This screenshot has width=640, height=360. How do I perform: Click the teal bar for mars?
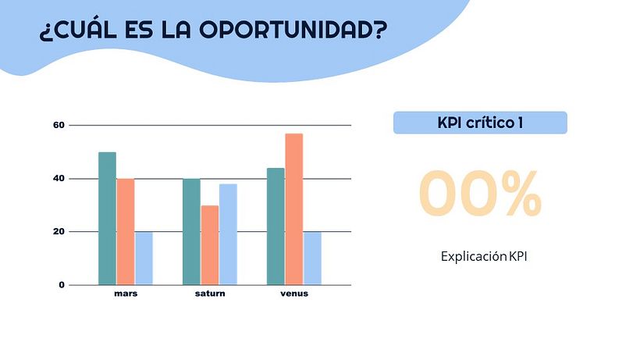107,219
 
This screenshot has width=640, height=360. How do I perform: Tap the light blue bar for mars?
144,258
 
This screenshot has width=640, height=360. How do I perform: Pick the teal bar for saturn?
191,232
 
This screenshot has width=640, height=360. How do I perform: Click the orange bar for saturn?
209,245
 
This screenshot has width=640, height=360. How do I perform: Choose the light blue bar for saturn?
228,234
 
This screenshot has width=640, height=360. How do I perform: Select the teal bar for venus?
276,226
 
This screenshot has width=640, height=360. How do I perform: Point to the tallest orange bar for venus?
293,209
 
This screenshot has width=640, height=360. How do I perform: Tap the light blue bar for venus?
312,258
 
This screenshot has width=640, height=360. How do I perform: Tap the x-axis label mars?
126,294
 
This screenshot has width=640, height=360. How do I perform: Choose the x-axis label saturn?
210,294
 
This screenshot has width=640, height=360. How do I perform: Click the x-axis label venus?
294,294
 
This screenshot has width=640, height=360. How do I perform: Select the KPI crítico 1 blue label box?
480,123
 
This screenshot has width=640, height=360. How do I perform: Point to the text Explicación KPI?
483,256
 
